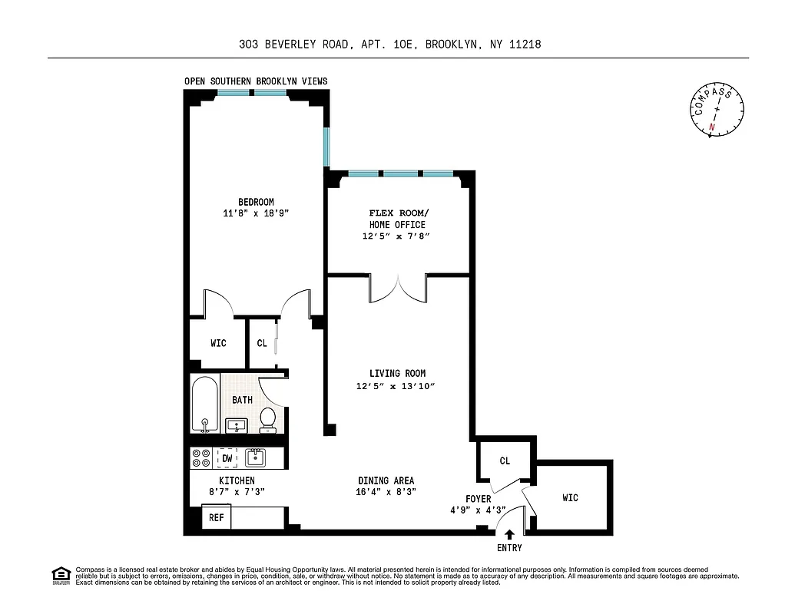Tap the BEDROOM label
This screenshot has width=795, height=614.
coord(255,202)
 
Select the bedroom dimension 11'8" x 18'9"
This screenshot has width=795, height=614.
coord(255,214)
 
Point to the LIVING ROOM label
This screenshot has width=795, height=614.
coord(397,374)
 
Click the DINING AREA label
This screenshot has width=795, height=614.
coord(386,480)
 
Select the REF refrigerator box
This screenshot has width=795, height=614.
coord(217,518)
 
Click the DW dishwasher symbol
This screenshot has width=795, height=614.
coord(227,458)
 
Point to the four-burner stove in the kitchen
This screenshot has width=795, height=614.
coord(201,458)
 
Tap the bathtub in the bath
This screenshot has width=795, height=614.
coord(205,405)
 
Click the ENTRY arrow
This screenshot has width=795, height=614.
coord(509,535)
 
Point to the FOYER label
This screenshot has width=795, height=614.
coord(478,499)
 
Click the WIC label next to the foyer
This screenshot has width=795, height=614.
coord(570,498)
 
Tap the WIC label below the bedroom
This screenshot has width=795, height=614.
coord(218,343)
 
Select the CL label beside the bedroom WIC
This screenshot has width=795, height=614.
coord(262,343)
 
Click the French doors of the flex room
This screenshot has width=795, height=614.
coord(398,289)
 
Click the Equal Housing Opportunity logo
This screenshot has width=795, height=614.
coord(60,574)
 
